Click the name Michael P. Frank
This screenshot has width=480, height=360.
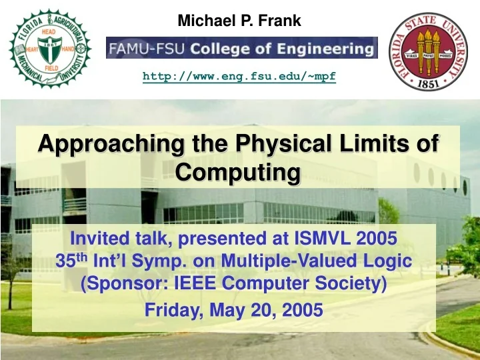click(x=239, y=21)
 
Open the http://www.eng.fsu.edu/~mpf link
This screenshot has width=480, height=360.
click(x=239, y=77)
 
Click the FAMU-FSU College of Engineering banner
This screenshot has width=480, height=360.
click(x=241, y=48)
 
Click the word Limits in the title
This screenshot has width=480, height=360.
click(x=376, y=143)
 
